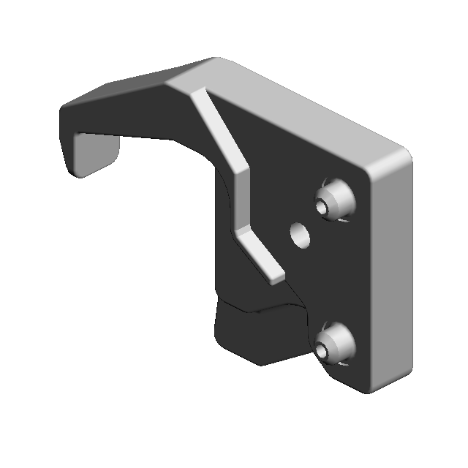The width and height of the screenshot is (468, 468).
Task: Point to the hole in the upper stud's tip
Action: [322, 205]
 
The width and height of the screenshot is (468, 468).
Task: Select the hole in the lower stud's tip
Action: [322, 350]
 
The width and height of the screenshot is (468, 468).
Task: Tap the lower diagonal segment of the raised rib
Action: [260, 253]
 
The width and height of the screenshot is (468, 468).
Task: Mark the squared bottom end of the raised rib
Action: [275, 279]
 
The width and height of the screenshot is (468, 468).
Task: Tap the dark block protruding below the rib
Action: [256, 333]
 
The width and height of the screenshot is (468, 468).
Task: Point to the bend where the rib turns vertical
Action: [238, 173]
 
